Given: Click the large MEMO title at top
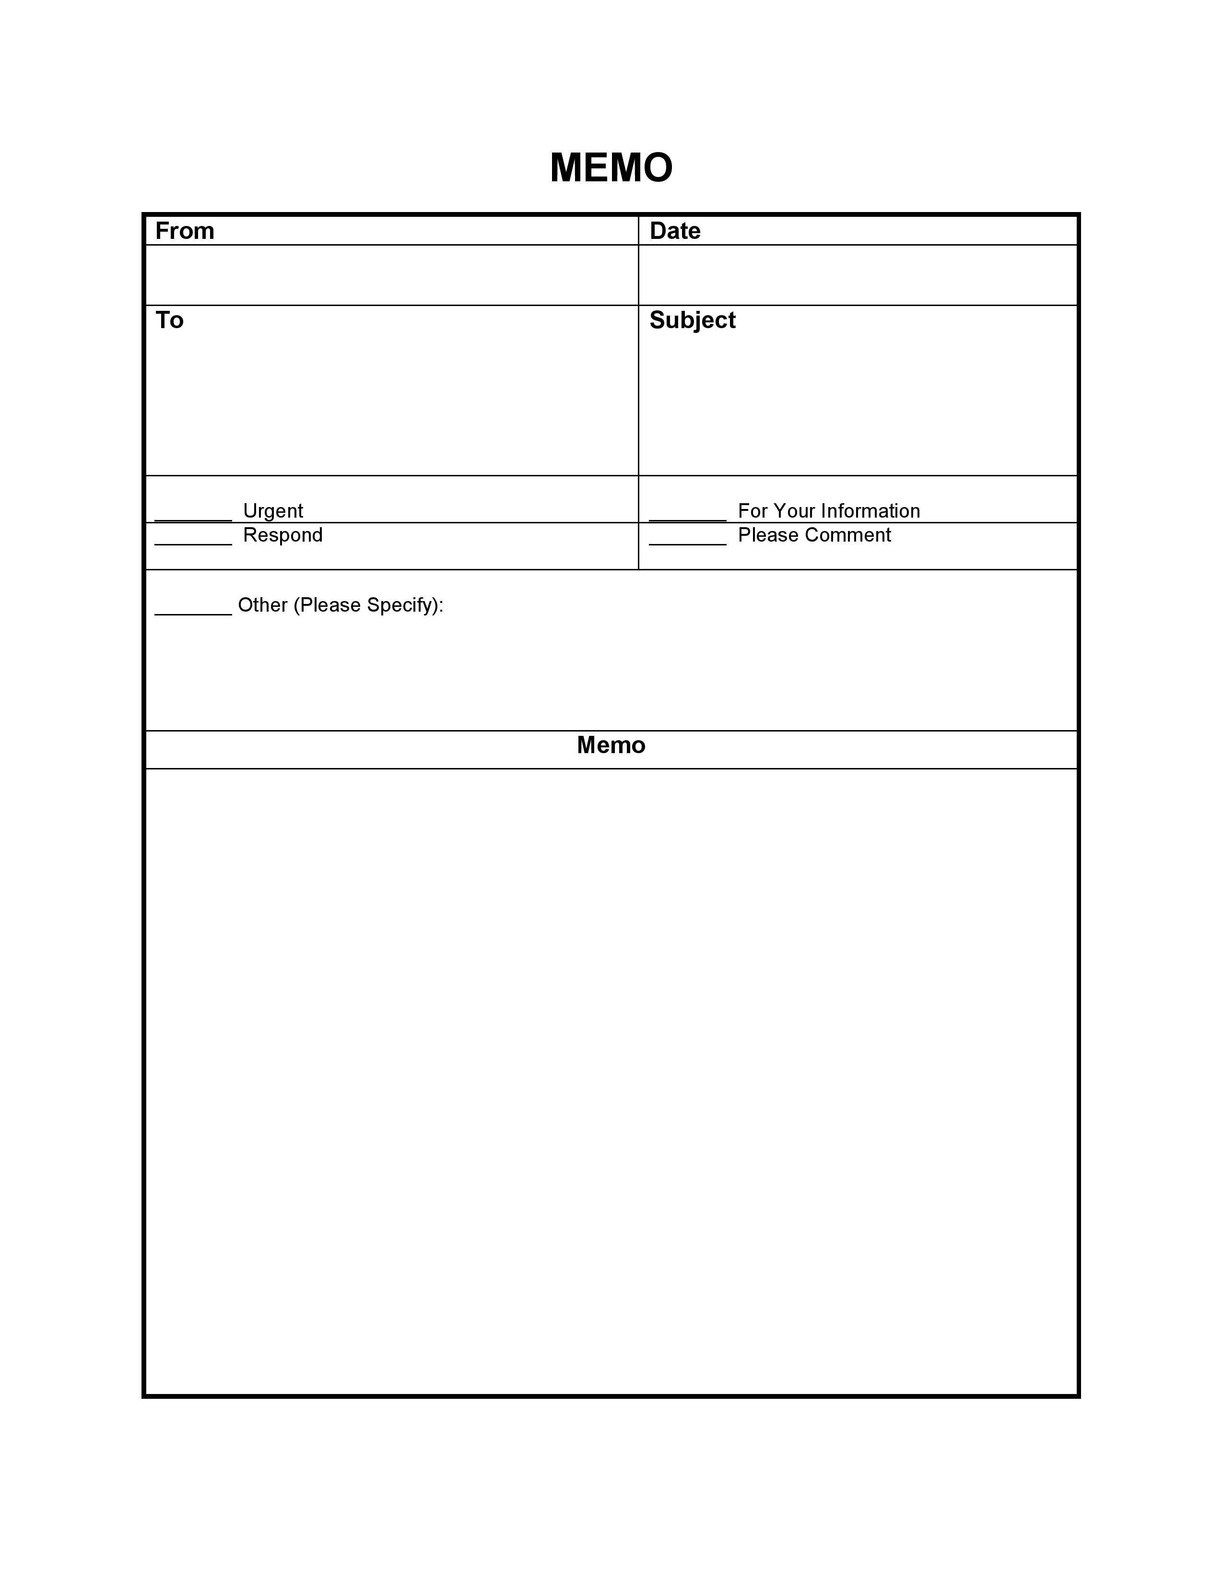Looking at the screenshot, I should [x=611, y=168].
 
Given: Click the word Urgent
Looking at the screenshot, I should [x=273, y=511].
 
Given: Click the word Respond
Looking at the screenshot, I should [x=282, y=535].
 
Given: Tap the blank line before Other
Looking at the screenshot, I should [x=193, y=613].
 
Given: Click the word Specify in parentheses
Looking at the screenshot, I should [x=402, y=606].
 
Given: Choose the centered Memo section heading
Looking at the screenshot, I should [x=611, y=745].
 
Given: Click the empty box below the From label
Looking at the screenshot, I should [x=391, y=275].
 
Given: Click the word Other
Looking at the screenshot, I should [x=262, y=605].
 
